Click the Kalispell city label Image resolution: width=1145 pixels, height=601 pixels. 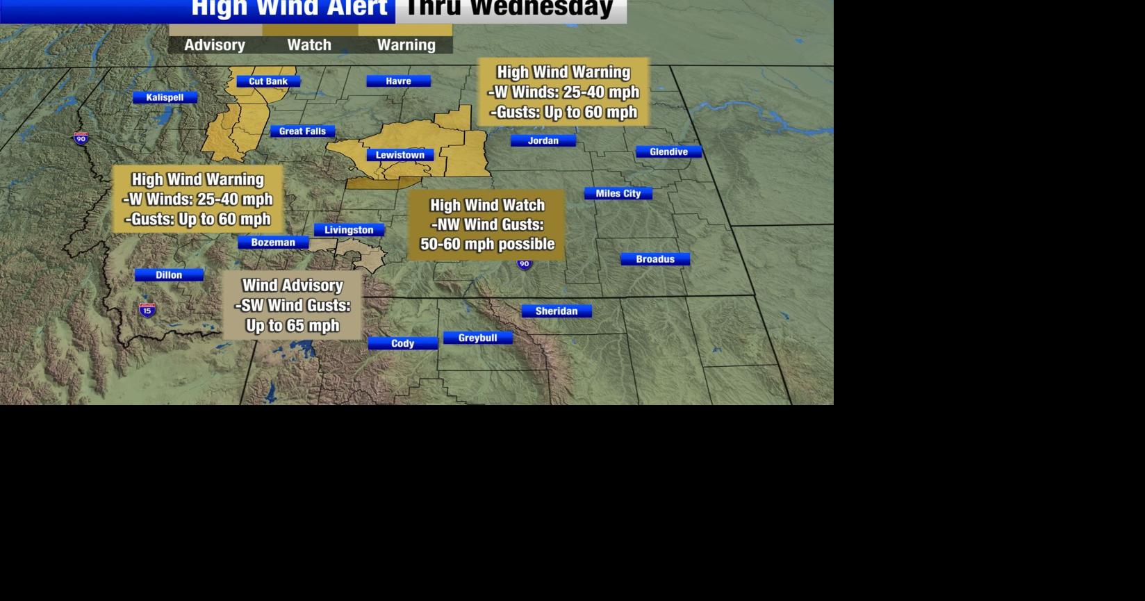pos(165,98)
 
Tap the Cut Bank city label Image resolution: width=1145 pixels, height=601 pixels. pos(268,81)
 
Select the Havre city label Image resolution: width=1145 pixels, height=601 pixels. pos(398,81)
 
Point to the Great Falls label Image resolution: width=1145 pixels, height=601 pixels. pos(302,131)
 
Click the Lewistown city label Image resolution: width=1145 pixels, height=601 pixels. pos(400,155)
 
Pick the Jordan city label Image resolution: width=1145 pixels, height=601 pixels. pos(543,141)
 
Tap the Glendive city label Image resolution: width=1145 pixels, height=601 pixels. pos(668,152)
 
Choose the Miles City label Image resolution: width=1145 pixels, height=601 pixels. pos(618,194)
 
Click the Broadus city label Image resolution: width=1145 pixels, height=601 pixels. pos(655,259)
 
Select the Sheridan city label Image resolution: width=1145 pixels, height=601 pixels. pos(557,311)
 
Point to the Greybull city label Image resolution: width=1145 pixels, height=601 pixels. pos(477,338)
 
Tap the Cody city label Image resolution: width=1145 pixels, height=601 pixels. pos(402,343)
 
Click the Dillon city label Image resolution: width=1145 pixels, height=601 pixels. pos(169,275)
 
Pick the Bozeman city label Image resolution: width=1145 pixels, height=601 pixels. pos(273,242)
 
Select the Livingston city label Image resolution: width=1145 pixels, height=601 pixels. pos(349,230)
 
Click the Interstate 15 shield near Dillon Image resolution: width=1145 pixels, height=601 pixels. pos(147,310)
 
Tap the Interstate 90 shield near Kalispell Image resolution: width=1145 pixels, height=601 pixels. pos(81,138)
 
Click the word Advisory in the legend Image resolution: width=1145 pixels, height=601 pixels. pos(215,45)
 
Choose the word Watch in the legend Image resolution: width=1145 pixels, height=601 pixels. pos(309,45)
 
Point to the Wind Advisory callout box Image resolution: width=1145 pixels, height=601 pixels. pos(293,305)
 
